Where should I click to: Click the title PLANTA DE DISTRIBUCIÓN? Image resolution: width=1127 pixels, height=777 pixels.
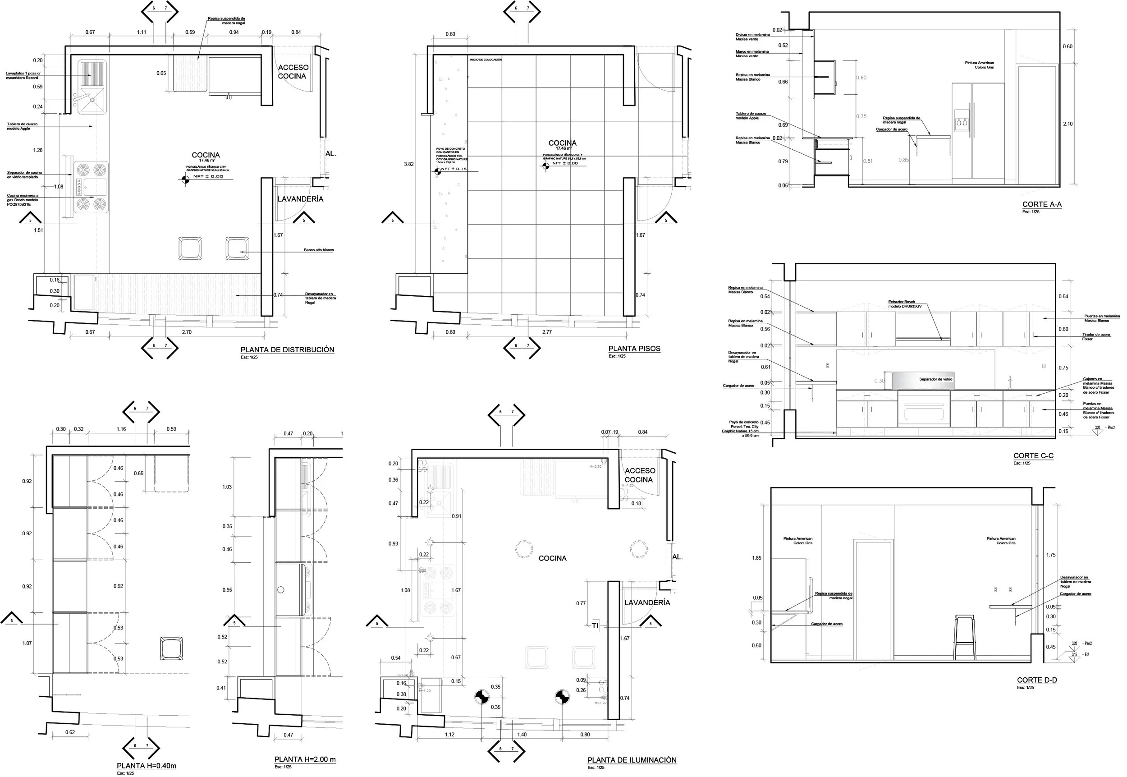tap(287, 349)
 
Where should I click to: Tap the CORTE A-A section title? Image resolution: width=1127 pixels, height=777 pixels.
tap(1041, 204)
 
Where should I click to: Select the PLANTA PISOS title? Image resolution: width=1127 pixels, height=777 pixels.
tap(634, 349)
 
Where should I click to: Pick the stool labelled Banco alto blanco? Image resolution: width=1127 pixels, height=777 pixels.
tap(237, 248)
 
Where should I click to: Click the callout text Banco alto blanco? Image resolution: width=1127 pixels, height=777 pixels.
tap(319, 250)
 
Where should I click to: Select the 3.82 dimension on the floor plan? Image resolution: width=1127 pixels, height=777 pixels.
tap(409, 164)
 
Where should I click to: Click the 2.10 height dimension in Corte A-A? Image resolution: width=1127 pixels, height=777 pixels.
tap(1067, 124)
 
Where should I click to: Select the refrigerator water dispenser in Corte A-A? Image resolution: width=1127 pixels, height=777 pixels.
tap(962, 122)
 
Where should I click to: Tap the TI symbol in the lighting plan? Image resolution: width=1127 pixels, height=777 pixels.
tap(595, 625)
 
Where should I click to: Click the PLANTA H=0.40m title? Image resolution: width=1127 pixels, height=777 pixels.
tap(147, 766)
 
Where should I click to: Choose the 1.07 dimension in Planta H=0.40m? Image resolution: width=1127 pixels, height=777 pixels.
tap(27, 643)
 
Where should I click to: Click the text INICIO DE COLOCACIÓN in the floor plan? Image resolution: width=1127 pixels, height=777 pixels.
tap(486, 60)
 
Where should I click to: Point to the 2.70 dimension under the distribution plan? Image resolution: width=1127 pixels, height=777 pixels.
tap(186, 332)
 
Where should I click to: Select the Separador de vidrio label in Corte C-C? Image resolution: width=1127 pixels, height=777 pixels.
tap(935, 379)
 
